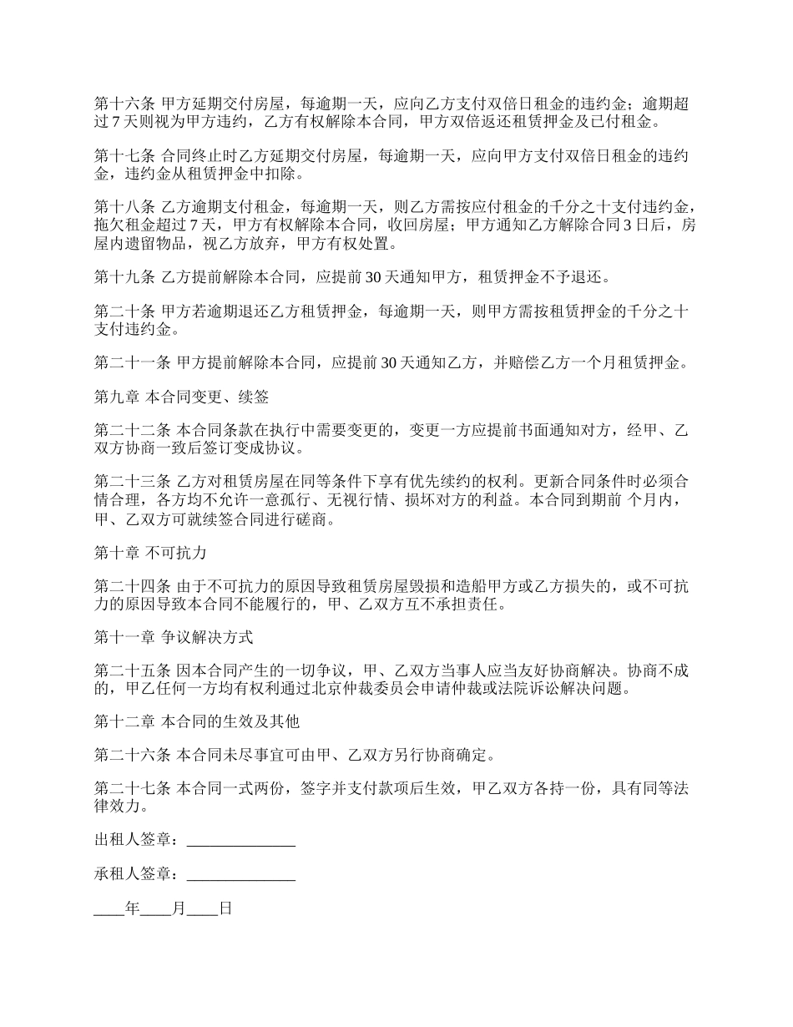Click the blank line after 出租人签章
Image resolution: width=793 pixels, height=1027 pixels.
click(x=241, y=841)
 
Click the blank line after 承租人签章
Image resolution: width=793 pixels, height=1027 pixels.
click(x=241, y=875)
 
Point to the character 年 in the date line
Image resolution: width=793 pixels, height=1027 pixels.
click(x=132, y=909)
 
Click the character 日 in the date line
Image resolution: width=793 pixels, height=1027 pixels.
click(x=225, y=909)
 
